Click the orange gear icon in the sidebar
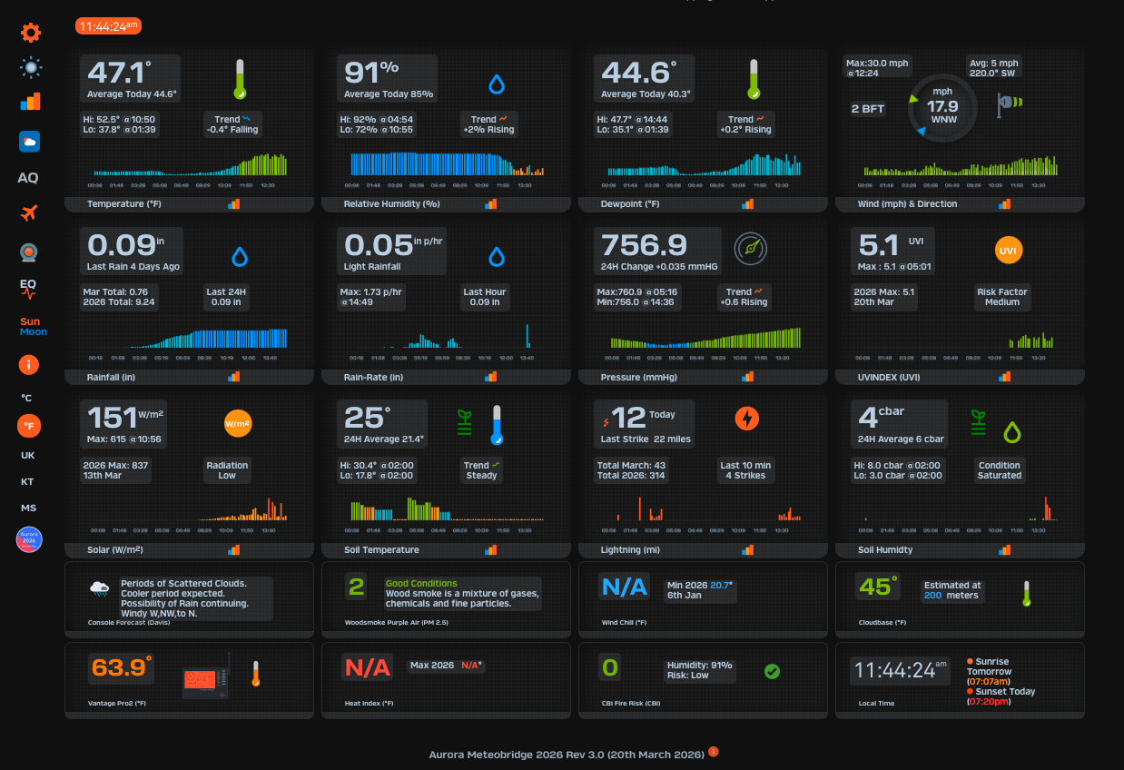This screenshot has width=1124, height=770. click(x=31, y=33)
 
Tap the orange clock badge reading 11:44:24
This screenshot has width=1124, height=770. click(x=108, y=26)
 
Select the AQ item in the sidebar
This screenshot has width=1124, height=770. click(x=28, y=178)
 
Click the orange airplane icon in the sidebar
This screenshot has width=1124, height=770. click(x=29, y=213)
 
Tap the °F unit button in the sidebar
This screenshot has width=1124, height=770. click(x=29, y=425)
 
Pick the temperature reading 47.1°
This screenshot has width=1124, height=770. click(x=119, y=73)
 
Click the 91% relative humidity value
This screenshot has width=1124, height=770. click(x=370, y=73)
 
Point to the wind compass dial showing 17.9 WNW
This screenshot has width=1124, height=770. click(x=943, y=106)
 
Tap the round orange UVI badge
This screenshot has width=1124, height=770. click(x=1007, y=250)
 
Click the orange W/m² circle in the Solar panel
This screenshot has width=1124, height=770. click(x=237, y=423)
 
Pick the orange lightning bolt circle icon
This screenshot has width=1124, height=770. click(x=746, y=418)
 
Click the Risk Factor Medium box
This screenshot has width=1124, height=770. click(x=1001, y=297)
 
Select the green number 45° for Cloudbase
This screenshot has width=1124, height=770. click(x=877, y=586)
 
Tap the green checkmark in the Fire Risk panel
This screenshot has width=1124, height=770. click(x=772, y=671)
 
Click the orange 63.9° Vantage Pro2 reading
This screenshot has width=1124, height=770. click(x=120, y=667)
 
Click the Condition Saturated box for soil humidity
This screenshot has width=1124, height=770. click(x=999, y=469)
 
